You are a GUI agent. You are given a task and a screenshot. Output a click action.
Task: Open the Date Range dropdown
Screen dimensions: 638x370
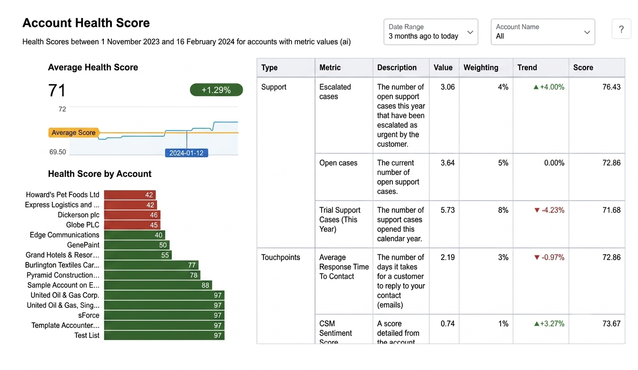[x=431, y=32]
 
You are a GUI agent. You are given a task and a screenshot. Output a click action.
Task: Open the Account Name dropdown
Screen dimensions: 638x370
[x=543, y=32]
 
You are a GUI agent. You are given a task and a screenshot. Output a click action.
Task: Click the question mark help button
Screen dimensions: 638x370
[x=621, y=29]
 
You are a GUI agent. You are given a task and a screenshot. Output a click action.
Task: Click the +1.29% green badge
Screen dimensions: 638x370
[x=216, y=90]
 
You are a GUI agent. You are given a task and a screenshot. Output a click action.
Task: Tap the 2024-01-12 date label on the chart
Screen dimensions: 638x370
[x=187, y=153]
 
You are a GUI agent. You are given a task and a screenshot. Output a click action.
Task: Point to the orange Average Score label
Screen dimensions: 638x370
[x=74, y=133]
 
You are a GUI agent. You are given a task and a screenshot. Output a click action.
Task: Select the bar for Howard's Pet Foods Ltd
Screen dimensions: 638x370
[x=130, y=195]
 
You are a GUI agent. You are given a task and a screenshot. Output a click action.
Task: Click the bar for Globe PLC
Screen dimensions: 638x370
[x=132, y=225]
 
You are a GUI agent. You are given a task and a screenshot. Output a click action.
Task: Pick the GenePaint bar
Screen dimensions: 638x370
[x=137, y=245]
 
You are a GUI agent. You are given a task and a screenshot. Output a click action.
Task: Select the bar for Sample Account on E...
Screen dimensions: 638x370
[x=158, y=285]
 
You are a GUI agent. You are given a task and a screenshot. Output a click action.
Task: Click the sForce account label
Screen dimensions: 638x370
[x=89, y=315]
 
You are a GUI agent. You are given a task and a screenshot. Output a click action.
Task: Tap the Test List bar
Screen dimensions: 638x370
[x=164, y=335]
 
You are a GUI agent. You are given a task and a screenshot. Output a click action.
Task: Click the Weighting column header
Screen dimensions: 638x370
[x=481, y=67]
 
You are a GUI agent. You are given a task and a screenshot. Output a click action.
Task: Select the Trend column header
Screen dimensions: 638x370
[x=527, y=67]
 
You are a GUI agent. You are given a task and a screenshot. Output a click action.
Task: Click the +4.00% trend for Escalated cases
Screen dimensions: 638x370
[x=549, y=87]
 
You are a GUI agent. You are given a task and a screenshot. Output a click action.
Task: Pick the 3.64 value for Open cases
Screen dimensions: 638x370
[x=448, y=163]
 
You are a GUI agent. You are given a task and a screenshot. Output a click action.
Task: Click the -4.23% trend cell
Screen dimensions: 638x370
[x=549, y=210]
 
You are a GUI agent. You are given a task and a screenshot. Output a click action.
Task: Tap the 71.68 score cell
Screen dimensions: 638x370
[x=612, y=210]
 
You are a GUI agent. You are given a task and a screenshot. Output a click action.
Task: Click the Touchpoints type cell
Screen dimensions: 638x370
[x=281, y=257]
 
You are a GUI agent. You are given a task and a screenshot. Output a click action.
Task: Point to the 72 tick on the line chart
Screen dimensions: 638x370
[x=62, y=109]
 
